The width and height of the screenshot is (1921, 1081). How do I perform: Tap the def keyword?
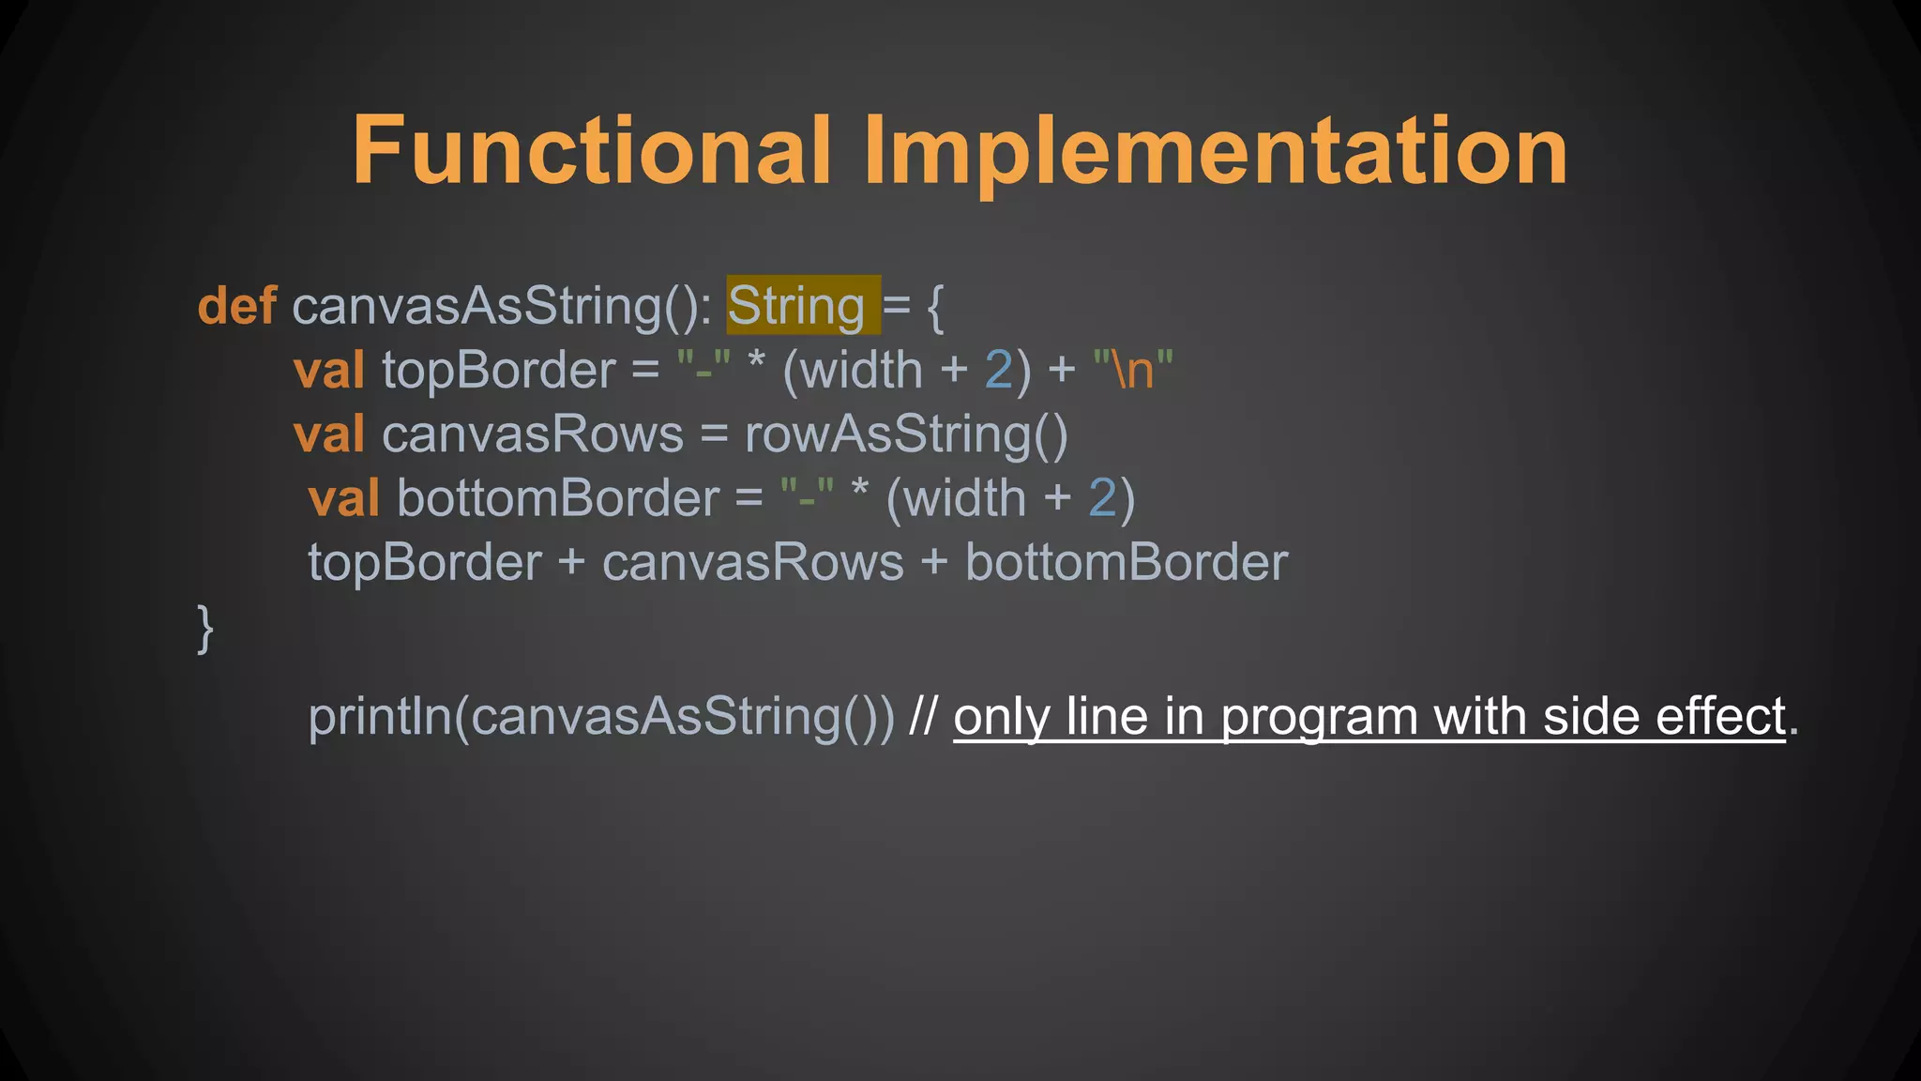236,307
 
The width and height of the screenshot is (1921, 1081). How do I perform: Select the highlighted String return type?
796,307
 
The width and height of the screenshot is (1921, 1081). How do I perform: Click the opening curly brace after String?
934,307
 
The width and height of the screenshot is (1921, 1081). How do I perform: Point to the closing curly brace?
205,628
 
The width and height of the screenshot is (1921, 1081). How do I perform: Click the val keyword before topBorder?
328,371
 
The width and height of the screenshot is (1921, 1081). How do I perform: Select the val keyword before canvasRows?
328,434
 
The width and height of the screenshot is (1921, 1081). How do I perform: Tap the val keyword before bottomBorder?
343,498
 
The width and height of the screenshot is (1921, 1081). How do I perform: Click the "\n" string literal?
1133,369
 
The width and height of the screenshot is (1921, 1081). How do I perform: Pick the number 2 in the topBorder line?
998,371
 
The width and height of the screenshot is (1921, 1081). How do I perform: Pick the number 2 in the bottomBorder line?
1101,498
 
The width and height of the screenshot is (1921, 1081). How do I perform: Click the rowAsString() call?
906,434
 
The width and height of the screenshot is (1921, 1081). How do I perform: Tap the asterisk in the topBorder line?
756,364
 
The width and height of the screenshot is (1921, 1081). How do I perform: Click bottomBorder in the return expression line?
1127,563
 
